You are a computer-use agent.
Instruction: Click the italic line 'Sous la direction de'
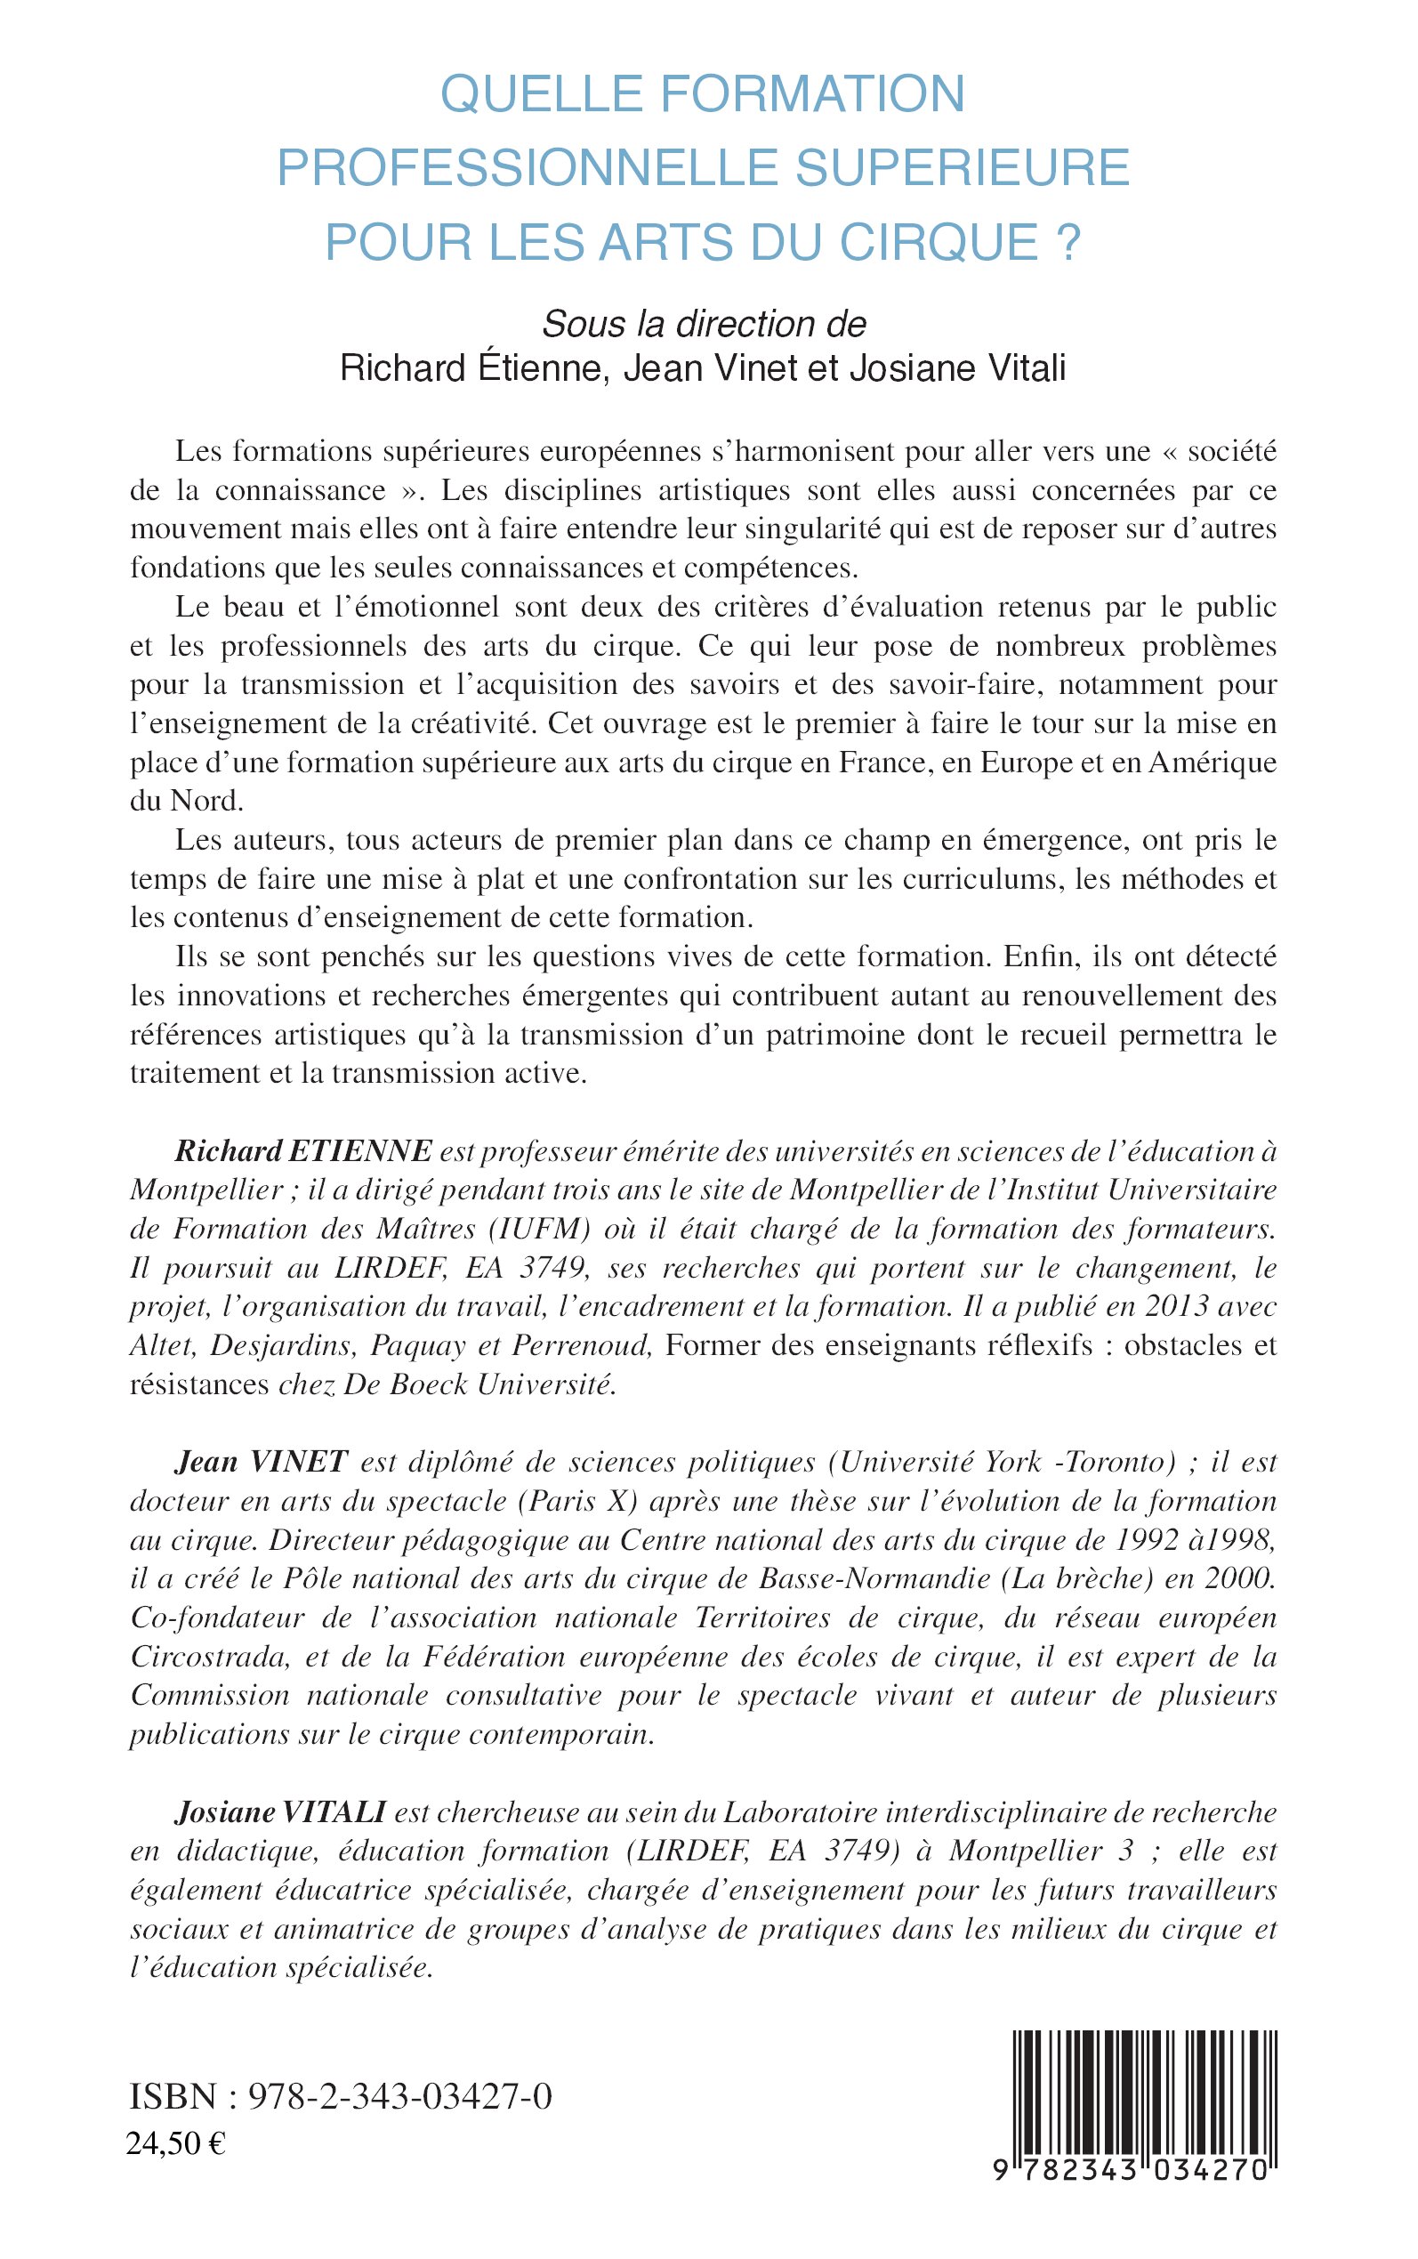[705, 324]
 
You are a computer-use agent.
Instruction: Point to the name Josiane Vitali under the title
[957, 368]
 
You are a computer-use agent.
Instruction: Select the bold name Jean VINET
[262, 1462]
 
